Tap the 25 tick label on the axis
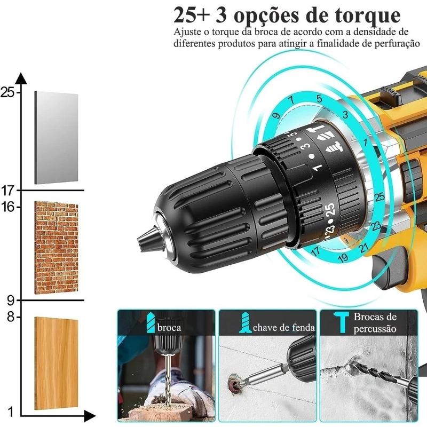click(7, 93)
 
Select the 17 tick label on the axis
click(7, 190)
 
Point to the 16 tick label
click(7, 207)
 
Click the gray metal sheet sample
click(56, 138)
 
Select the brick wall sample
click(56, 248)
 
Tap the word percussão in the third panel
click(375, 329)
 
